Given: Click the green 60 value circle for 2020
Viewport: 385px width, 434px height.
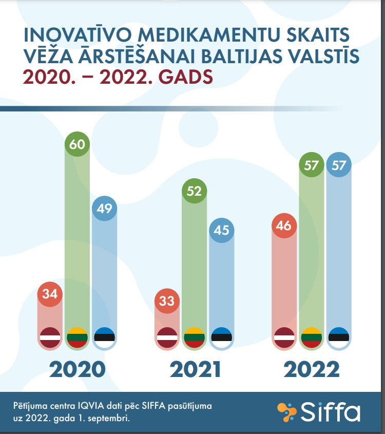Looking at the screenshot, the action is pyautogui.click(x=77, y=144).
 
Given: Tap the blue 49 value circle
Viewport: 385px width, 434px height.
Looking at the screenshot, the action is pyautogui.click(x=104, y=208).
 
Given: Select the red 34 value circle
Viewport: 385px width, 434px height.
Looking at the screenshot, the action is pyautogui.click(x=50, y=294).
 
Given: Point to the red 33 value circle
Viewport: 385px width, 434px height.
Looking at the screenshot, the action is pyautogui.click(x=167, y=301).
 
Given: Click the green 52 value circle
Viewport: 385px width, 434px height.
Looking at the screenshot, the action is pyautogui.click(x=194, y=191).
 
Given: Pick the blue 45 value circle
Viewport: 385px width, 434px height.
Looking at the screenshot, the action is pyautogui.click(x=222, y=230).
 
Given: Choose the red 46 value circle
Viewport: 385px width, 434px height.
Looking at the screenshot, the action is pyautogui.click(x=284, y=225).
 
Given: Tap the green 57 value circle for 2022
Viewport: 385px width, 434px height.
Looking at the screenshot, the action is pyautogui.click(x=312, y=165).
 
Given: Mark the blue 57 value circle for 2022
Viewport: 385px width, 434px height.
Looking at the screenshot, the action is pyautogui.click(x=339, y=165).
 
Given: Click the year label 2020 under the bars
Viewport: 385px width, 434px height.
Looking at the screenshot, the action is pyautogui.click(x=78, y=369).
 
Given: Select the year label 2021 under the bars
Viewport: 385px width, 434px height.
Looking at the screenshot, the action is pyautogui.click(x=195, y=369).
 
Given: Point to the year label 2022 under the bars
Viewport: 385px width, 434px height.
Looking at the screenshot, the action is pyautogui.click(x=312, y=369).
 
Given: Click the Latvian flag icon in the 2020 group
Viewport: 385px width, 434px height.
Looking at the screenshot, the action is pyautogui.click(x=50, y=337).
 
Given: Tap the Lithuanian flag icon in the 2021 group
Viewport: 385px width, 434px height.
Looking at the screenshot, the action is pyautogui.click(x=194, y=337).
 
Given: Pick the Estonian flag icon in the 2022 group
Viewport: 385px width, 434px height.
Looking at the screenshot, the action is pyautogui.click(x=339, y=337).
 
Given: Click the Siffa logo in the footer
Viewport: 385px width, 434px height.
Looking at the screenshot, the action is pyautogui.click(x=319, y=412).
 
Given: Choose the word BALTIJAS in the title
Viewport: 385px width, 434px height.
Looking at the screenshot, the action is pyautogui.click(x=242, y=56).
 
